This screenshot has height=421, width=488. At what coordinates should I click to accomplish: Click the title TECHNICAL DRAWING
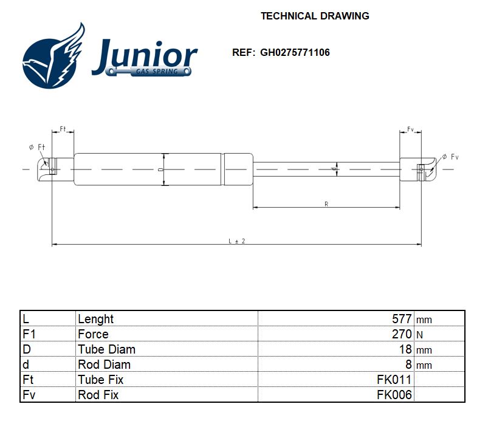pyautogui.click(x=315, y=16)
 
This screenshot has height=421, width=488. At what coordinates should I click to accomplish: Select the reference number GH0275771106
pyautogui.click(x=295, y=52)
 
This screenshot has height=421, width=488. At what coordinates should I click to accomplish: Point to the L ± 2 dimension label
pyautogui.click(x=236, y=241)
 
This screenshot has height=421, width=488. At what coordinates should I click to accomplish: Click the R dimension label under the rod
pyautogui.click(x=326, y=204)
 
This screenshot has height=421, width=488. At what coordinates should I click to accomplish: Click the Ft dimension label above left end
pyautogui.click(x=63, y=129)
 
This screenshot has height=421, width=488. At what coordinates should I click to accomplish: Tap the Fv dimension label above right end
pyautogui.click(x=410, y=129)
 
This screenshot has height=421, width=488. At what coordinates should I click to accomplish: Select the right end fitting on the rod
pyautogui.click(x=418, y=168)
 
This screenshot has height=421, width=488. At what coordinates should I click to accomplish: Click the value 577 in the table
pyautogui.click(x=402, y=319)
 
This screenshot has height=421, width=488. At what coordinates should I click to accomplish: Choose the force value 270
pyautogui.click(x=402, y=334)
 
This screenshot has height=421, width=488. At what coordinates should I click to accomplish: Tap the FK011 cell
pyautogui.click(x=394, y=380)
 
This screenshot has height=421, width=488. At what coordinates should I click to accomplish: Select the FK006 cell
pyautogui.click(x=394, y=395)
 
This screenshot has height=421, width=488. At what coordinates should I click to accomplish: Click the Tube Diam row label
pyautogui.click(x=107, y=349)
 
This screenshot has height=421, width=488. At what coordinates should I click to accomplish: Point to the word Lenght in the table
pyautogui.click(x=96, y=319)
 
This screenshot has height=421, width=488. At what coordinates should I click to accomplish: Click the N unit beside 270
pyautogui.click(x=419, y=335)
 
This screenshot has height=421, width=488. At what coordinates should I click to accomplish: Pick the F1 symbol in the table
pyautogui.click(x=29, y=334)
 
